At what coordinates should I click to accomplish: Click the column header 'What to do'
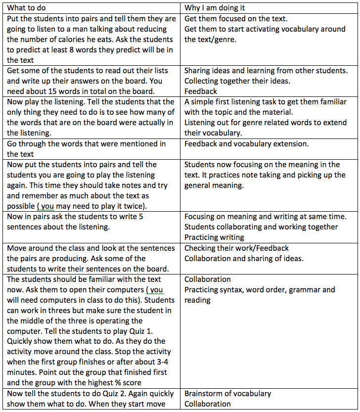(x=29, y=8)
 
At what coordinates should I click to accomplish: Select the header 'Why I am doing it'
(x=215, y=8)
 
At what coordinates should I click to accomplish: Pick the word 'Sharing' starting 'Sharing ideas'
(x=199, y=70)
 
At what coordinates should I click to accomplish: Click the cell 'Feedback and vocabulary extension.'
(x=246, y=143)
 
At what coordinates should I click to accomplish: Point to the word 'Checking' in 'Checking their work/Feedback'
(x=201, y=248)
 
